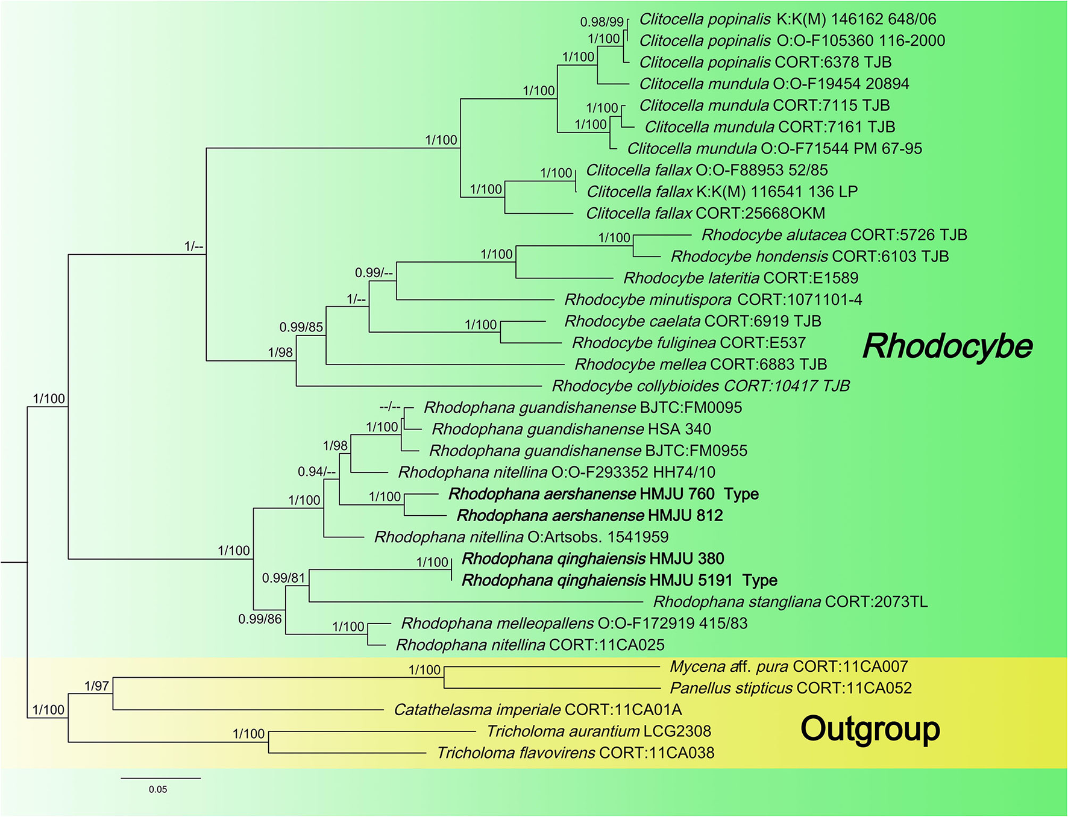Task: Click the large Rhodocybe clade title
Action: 947,346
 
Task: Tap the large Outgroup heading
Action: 870,729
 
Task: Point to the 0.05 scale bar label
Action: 158,789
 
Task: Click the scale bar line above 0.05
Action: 160,778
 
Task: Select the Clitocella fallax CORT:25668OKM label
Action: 705,213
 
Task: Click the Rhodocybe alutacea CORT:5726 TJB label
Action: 834,235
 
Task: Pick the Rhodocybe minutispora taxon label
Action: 713,299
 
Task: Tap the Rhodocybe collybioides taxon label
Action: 700,386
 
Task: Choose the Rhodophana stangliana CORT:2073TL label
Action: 790,601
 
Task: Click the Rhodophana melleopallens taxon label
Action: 574,623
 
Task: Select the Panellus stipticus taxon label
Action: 791,688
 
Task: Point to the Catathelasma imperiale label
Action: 538,710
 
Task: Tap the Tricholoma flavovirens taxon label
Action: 576,753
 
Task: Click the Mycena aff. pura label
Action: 788,666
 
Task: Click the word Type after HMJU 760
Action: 741,494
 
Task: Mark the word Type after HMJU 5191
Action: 759,580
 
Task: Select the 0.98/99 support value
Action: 602,22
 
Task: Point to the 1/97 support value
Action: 96,686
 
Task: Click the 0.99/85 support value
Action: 301,327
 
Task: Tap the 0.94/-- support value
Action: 316,472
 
